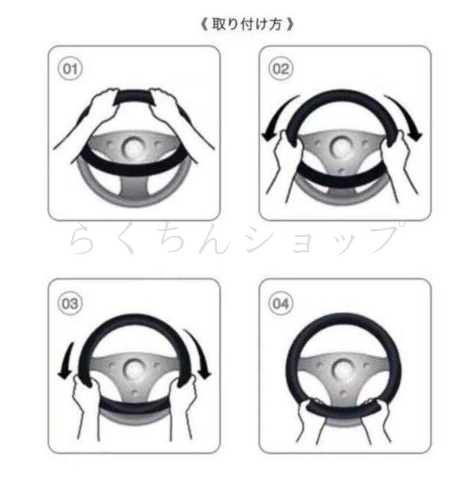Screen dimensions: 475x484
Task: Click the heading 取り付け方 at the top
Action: (247, 24)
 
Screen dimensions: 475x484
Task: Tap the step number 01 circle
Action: (70, 68)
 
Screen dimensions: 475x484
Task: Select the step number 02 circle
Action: (281, 68)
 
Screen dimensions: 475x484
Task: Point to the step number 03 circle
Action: (70, 303)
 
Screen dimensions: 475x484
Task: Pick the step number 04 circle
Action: (281, 303)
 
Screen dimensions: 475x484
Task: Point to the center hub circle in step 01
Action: (133, 147)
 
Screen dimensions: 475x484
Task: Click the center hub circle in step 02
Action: (341, 147)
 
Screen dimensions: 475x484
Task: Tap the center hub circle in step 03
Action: (133, 369)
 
